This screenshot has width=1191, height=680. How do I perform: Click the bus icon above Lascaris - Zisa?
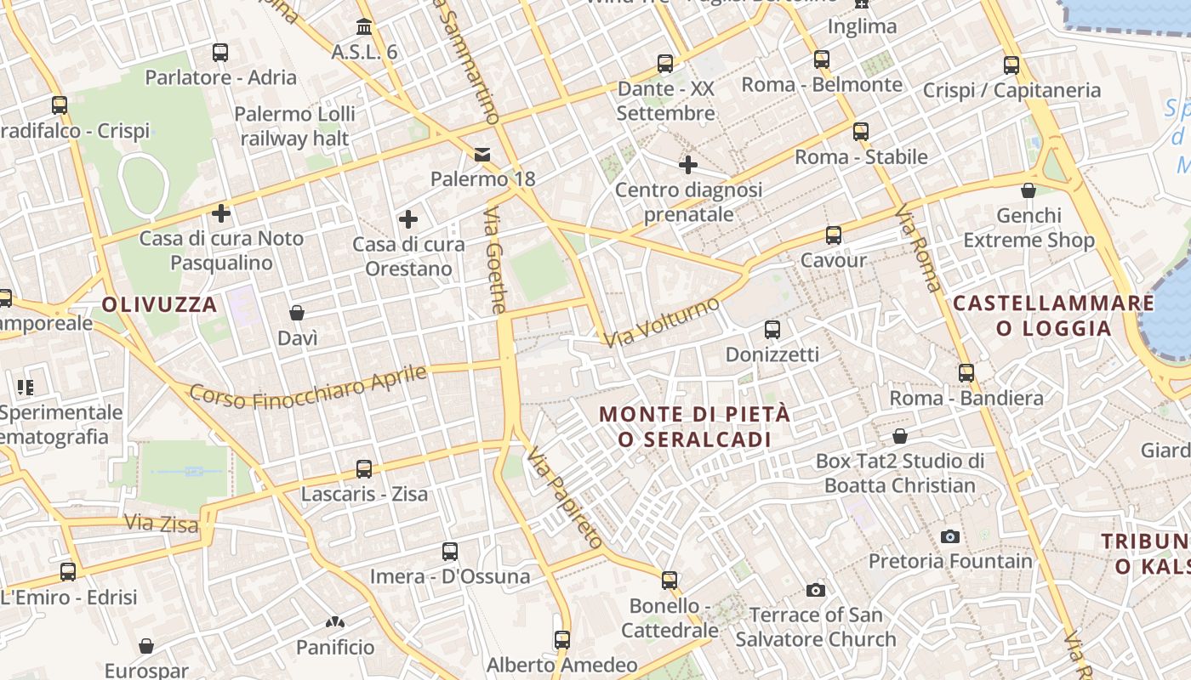pos(364,468)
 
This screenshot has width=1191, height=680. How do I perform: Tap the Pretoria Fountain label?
pos(950,561)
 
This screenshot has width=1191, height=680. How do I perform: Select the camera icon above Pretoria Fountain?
pos(950,536)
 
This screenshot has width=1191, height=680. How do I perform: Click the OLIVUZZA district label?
pos(160,304)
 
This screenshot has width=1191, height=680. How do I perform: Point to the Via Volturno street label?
pos(662,322)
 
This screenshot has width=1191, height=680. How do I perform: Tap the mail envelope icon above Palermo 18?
pos(482,155)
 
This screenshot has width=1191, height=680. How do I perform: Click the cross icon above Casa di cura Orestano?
pos(408,220)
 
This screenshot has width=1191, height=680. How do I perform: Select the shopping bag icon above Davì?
pos(297,314)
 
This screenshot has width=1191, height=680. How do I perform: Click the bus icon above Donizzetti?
pos(772,330)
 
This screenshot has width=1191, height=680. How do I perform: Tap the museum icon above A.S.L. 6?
pos(364,26)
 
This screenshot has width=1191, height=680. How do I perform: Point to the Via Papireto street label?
pos(564,497)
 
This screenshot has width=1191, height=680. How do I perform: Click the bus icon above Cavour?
pos(834,235)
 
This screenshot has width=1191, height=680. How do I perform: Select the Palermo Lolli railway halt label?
pos(294,126)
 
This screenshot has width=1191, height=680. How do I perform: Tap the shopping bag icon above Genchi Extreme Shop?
pos(1029,190)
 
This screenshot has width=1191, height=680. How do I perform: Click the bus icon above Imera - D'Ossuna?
pos(450,552)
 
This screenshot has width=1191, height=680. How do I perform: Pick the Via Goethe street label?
pos(497,259)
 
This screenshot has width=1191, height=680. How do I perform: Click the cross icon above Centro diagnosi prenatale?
pos(688,164)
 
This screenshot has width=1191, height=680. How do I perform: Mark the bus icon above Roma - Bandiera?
pos(966,373)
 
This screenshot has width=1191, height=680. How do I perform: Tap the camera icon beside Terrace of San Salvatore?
pos(815,590)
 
